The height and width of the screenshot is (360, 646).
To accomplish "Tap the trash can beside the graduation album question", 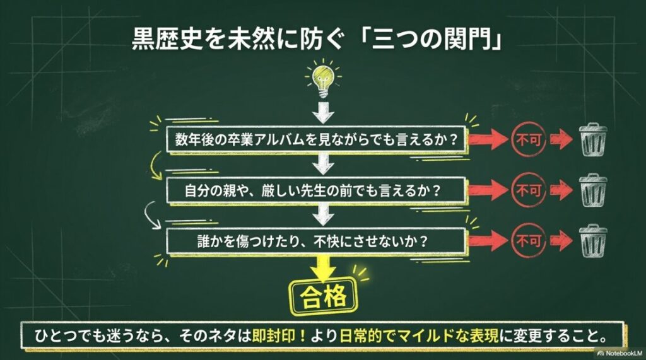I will point(593,139).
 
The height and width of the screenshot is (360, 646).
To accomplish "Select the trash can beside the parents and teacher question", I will point(593,188).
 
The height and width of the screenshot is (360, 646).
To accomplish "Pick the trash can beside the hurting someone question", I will point(593,239).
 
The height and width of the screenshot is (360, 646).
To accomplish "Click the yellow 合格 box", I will point(324,296).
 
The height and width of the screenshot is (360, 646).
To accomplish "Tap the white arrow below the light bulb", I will point(323,114).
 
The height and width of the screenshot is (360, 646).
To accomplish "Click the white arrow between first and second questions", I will point(324,164).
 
